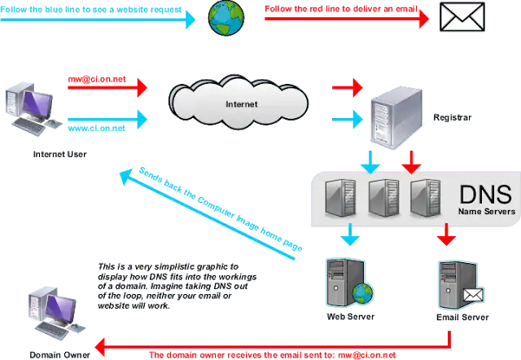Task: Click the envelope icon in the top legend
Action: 462,16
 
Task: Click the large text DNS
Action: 485,194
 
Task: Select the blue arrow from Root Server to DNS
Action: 372,162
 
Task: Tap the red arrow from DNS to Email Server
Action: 446,237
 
